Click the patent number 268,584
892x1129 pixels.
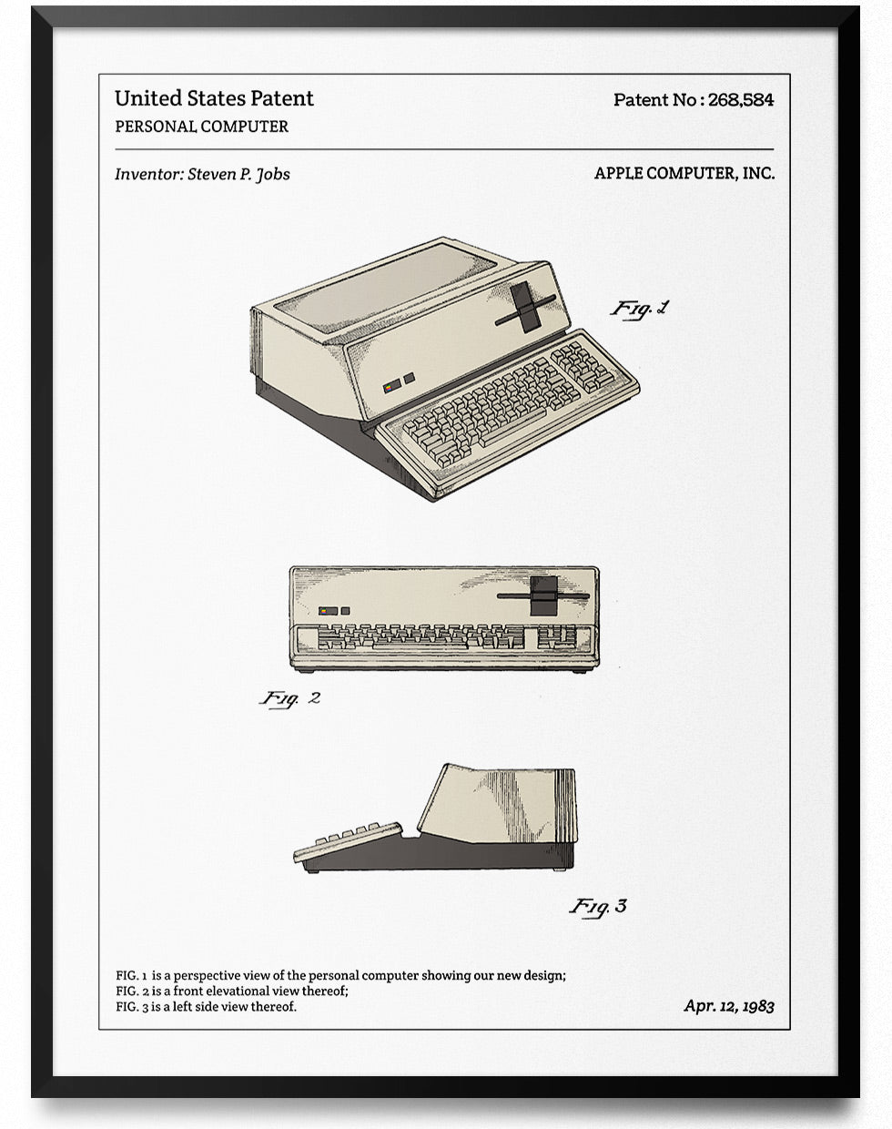point(740,99)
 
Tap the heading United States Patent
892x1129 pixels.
point(214,98)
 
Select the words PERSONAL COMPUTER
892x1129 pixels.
point(201,127)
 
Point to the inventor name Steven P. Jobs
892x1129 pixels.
point(238,174)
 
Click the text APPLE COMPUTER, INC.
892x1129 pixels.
point(684,173)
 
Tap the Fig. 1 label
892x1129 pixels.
point(639,309)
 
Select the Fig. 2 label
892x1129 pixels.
point(290,698)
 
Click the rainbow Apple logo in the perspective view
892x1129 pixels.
point(389,388)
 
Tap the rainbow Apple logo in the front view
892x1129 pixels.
point(325,611)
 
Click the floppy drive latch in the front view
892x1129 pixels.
point(543,596)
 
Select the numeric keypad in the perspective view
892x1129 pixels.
point(583,365)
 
